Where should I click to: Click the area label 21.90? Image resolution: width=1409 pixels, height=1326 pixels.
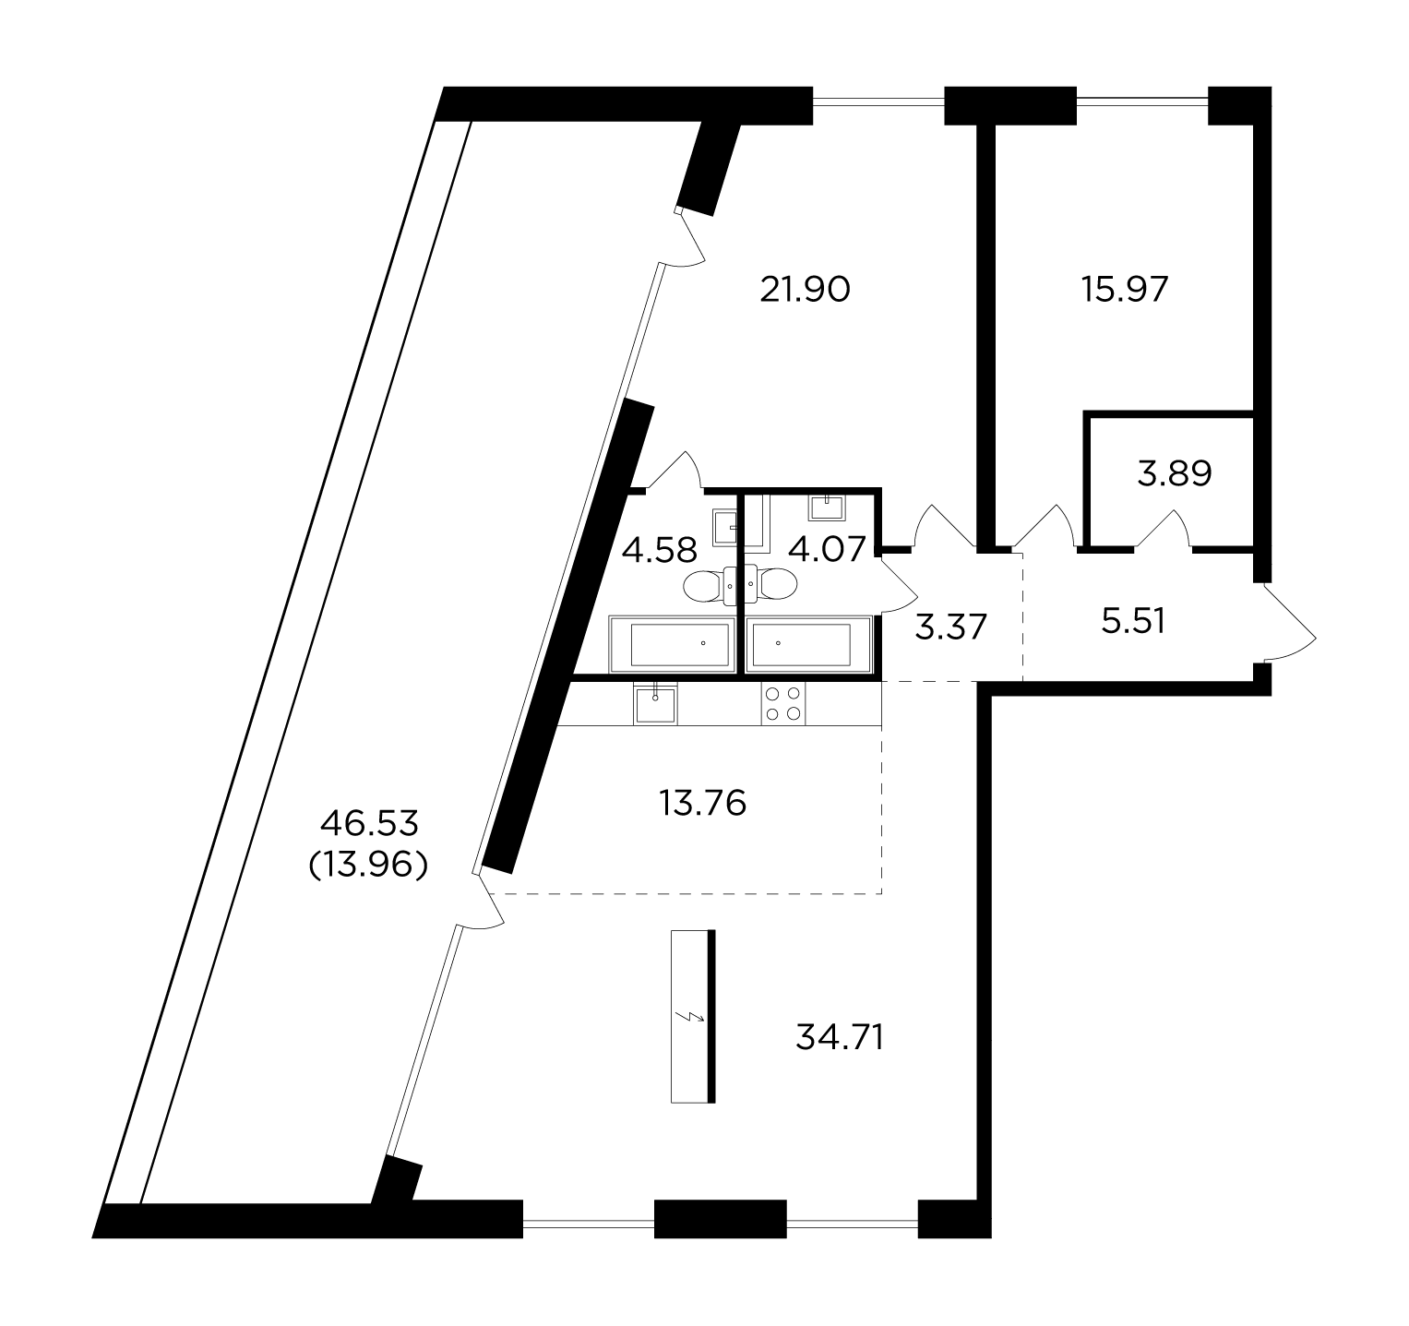click(x=804, y=291)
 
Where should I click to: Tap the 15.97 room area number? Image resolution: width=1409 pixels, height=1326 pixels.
click(x=1125, y=291)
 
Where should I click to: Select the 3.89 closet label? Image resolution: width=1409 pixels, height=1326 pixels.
click(x=1175, y=474)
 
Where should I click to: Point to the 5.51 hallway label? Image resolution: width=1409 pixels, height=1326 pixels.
click(x=1134, y=621)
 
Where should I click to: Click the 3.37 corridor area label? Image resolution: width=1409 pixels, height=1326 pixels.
click(x=952, y=627)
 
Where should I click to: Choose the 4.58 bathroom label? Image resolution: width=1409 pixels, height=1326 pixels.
click(x=659, y=551)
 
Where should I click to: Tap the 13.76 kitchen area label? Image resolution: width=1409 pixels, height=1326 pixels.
click(x=703, y=804)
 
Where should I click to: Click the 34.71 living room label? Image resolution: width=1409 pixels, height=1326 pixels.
click(x=840, y=1038)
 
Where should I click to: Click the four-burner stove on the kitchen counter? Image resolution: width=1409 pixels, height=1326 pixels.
click(x=783, y=704)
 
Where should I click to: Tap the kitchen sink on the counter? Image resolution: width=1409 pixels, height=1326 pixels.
click(x=656, y=703)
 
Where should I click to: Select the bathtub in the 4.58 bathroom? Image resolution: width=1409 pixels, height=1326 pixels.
click(x=673, y=644)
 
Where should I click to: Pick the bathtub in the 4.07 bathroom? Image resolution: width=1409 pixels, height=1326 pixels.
click(x=809, y=644)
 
